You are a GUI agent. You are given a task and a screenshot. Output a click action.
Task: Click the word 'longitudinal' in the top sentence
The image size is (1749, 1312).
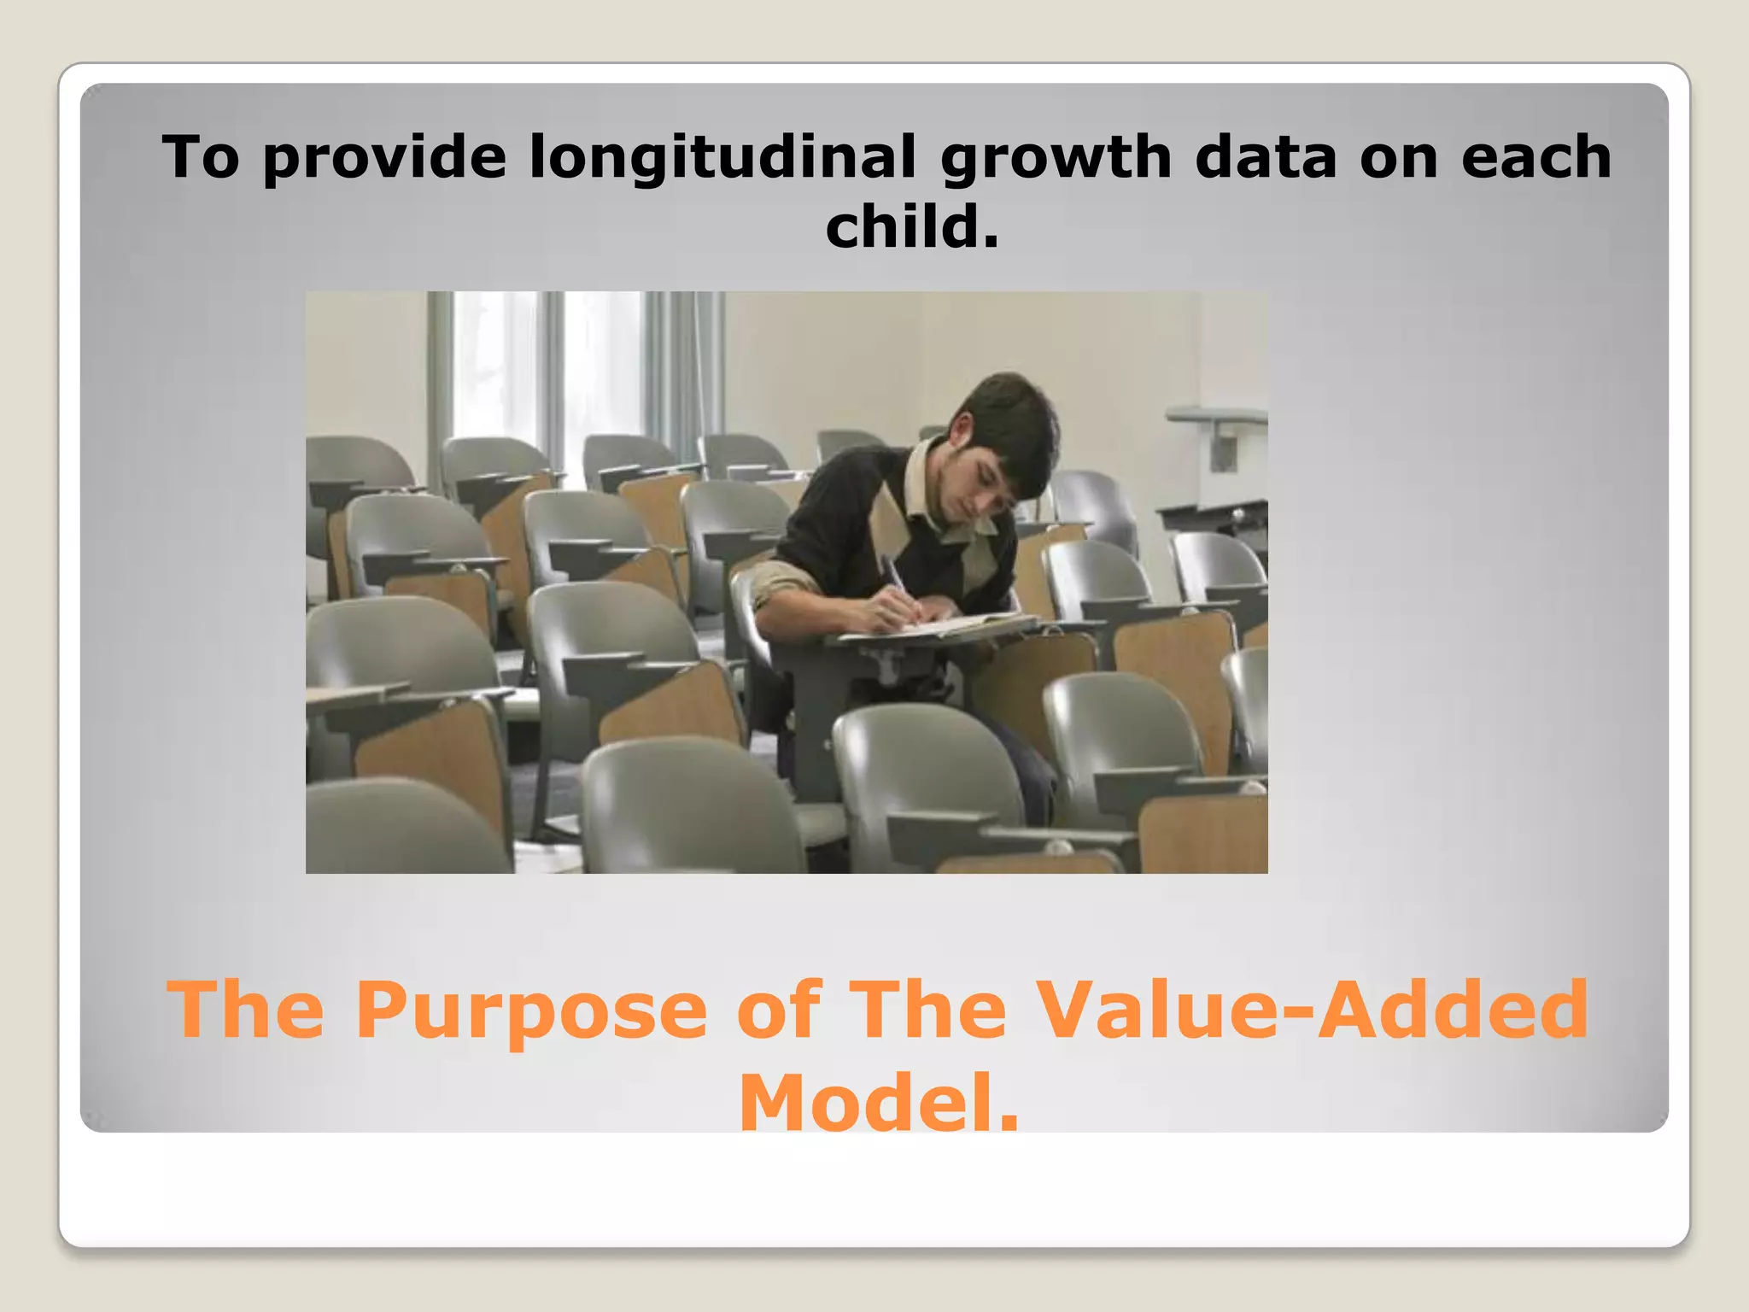click(x=722, y=158)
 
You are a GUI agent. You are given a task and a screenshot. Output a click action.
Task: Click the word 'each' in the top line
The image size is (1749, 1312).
click(x=1535, y=158)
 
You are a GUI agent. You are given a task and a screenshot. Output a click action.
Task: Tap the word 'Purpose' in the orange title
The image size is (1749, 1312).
click(x=531, y=1012)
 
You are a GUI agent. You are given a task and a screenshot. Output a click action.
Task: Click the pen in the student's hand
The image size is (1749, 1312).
click(x=896, y=581)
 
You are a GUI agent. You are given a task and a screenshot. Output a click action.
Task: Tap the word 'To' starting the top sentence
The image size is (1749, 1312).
click(x=200, y=158)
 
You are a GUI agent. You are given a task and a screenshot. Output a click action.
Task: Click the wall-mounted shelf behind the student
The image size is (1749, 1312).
click(x=1217, y=416)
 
